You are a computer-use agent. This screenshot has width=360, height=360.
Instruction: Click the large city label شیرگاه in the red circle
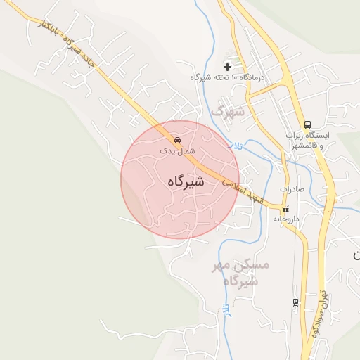coord(186,181)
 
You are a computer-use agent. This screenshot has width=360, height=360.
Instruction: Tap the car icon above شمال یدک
coord(176,139)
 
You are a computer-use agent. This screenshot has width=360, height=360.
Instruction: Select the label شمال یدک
coord(176,150)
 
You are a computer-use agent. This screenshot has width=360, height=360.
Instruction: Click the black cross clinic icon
coord(228,65)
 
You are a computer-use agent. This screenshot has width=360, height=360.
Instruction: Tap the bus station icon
coord(307,124)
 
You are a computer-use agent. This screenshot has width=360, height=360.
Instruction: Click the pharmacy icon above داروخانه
coord(285,209)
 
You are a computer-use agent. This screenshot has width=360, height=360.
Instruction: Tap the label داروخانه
coord(286,219)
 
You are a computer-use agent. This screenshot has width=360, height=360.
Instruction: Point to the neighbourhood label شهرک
coord(229,111)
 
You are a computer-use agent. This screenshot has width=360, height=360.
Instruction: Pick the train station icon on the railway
coord(295,302)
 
